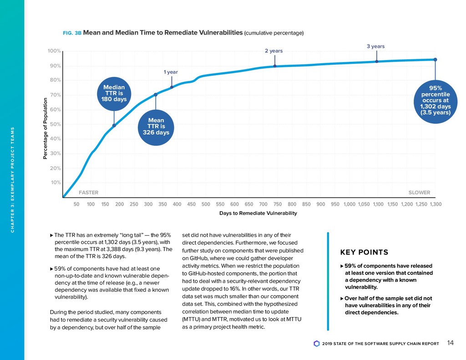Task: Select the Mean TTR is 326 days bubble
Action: tap(155, 126)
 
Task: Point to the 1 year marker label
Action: tap(171, 72)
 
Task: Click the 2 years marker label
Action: tap(274, 51)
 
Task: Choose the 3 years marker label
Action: tap(375, 46)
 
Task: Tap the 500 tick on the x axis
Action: tap(206, 204)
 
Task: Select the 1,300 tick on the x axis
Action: tap(436, 204)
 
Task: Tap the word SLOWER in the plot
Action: tap(419, 193)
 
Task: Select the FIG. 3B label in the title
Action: tap(71, 33)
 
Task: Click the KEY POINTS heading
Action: tap(364, 253)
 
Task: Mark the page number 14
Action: tap(450, 343)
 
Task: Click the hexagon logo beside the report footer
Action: tap(317, 344)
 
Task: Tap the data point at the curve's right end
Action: tap(435, 60)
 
